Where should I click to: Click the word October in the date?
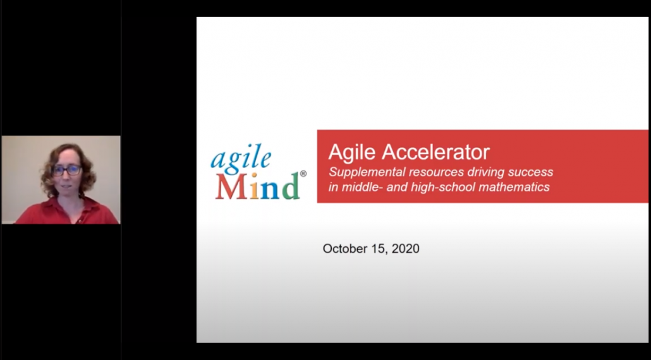(x=344, y=249)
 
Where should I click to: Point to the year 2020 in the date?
(x=405, y=249)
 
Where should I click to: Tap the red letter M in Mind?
(x=230, y=186)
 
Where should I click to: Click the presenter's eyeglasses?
(x=66, y=170)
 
